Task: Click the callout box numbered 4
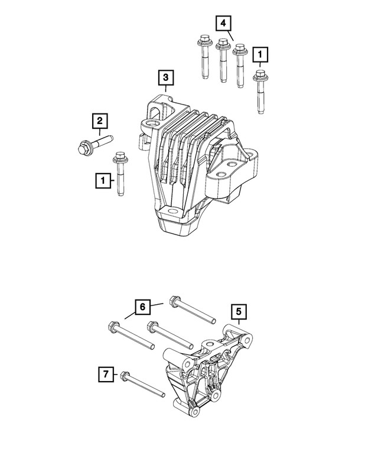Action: coord(223,24)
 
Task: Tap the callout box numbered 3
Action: coord(165,77)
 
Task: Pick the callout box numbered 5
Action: coord(238,311)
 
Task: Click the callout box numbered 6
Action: coord(142,307)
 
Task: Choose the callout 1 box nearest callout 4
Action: coord(260,56)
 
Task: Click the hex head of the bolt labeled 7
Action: coord(125,375)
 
